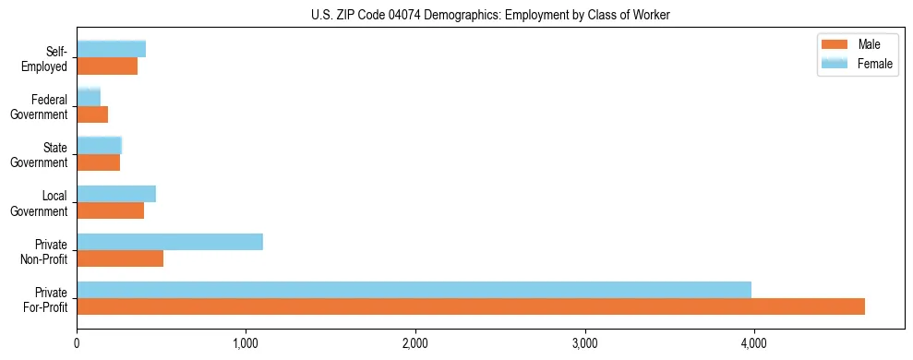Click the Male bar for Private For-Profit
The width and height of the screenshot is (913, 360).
point(471,306)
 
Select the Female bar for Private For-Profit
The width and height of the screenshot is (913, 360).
point(414,290)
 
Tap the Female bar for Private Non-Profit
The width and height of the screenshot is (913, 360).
point(170,242)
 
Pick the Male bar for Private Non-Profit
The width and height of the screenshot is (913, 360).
point(120,258)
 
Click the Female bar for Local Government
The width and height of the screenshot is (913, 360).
point(116,194)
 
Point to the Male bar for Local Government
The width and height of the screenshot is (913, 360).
point(111,210)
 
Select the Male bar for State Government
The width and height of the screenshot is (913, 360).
point(99,162)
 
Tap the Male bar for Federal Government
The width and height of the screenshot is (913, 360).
point(92,114)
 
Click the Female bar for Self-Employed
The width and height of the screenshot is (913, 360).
point(112,49)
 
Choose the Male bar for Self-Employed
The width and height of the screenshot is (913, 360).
point(107,66)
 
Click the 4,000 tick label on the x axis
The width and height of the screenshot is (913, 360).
point(754,343)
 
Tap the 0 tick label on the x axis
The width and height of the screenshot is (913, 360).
point(77,343)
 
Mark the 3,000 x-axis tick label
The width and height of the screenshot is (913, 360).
point(584,343)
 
